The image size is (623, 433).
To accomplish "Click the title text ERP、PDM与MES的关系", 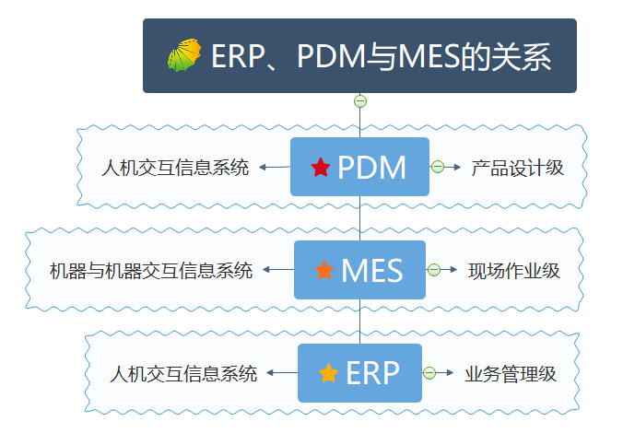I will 381,57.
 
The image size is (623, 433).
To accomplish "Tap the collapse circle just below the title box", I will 360,101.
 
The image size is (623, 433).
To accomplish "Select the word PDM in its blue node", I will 372,168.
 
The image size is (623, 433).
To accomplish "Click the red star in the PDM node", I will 321,168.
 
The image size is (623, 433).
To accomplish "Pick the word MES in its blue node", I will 372,270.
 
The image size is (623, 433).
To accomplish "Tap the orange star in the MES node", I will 324,270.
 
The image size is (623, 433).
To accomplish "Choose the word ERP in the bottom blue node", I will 372,373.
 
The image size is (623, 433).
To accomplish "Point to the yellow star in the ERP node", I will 328,373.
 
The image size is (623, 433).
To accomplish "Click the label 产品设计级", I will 517,168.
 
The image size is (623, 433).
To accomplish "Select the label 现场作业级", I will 513,271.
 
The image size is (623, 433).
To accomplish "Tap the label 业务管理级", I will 510,374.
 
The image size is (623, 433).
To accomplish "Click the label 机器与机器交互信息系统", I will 151,271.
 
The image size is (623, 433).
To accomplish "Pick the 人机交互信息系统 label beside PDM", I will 175,168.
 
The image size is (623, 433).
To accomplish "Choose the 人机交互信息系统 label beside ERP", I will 182,374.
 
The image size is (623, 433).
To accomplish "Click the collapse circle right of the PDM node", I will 438,167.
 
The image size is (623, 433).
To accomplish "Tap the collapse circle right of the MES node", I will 434,270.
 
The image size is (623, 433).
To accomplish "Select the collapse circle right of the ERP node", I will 429,373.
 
